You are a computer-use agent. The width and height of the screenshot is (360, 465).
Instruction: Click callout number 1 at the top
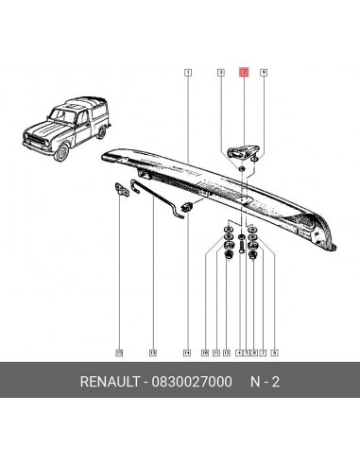click(x=189, y=72)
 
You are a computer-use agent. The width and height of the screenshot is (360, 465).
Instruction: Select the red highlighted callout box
click(x=243, y=72)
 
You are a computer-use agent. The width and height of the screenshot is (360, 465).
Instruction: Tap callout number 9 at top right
click(x=263, y=72)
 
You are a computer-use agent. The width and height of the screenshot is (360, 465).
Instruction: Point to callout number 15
click(x=119, y=352)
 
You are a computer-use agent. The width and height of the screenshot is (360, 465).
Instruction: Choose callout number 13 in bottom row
click(x=152, y=352)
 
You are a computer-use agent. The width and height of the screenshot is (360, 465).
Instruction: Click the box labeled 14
click(x=187, y=352)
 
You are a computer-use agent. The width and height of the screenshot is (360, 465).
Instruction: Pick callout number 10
click(x=204, y=352)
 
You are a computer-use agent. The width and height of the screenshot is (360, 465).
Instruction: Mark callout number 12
click(x=226, y=352)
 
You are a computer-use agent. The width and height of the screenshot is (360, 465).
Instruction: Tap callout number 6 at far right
click(x=273, y=352)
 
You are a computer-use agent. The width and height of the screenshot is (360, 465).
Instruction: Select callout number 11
click(x=215, y=352)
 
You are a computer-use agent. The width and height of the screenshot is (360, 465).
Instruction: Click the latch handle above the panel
click(x=242, y=149)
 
